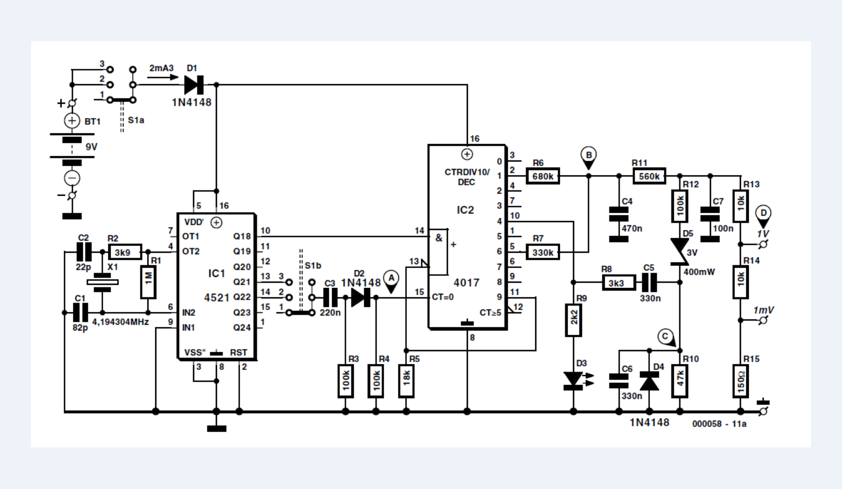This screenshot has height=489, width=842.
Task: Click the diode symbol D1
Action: point(194,85)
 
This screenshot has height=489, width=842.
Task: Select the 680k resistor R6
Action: point(543,176)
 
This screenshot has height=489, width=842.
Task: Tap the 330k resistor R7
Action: point(543,252)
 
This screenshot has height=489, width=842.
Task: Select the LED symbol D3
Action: point(574,380)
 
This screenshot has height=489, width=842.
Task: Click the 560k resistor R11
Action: point(649,176)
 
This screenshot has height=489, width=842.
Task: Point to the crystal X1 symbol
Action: point(102,283)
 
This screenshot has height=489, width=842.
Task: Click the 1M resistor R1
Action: point(148,282)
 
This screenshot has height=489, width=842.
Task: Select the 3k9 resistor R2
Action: point(125,252)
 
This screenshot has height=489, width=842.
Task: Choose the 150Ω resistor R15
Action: point(740,381)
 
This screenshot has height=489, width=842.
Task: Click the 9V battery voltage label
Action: point(92,147)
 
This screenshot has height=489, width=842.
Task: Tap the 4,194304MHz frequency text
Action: point(121,322)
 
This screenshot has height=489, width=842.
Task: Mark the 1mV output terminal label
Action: point(763,310)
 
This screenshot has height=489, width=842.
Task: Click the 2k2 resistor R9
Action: point(574,320)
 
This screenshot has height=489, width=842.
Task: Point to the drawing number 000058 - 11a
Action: point(719,424)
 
